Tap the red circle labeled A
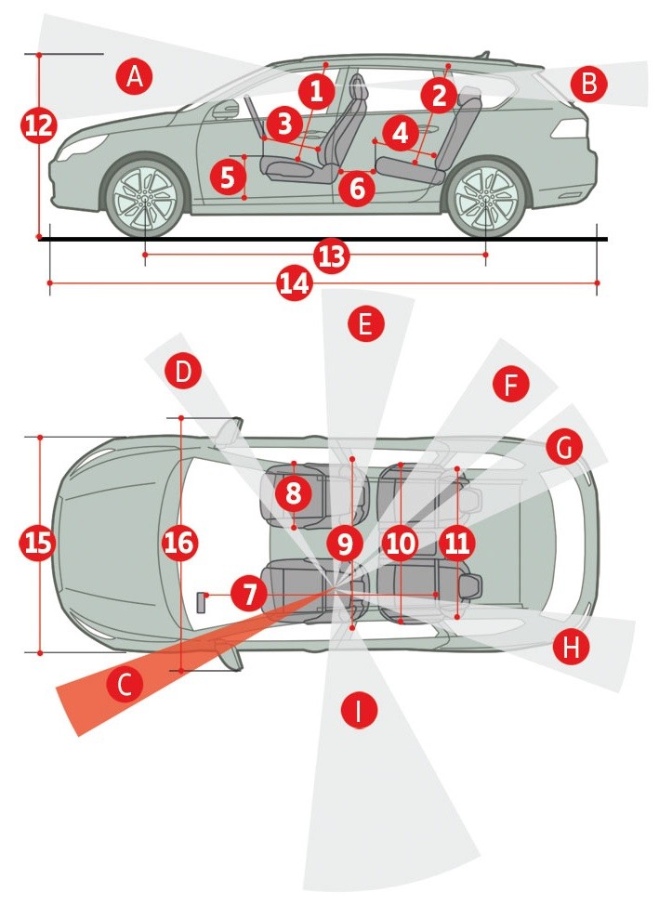point(135,76)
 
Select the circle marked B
point(588,84)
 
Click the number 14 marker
point(295,284)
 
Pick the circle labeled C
point(125,685)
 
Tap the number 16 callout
point(180,543)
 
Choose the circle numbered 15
point(38,544)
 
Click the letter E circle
point(364,324)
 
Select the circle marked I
point(358,712)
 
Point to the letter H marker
point(571,647)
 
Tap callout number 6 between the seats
point(357,189)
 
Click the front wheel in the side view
point(144,199)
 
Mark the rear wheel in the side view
point(483,201)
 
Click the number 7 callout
point(247,593)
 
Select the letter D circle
point(183,373)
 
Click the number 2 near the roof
point(439,94)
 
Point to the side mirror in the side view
point(225,111)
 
